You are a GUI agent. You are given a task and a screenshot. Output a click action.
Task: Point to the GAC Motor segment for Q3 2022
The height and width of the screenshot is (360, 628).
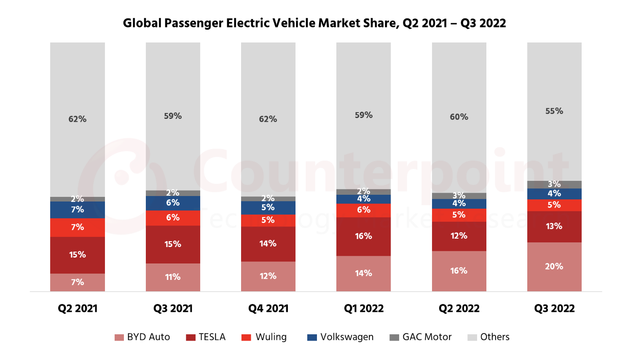(x=554, y=184)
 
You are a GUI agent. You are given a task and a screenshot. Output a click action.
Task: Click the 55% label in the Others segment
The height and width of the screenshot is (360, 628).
(x=554, y=111)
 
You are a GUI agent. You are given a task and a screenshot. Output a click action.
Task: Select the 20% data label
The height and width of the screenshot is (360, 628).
(x=554, y=266)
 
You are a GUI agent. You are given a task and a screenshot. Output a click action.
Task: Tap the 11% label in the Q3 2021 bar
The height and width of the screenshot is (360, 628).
(x=173, y=277)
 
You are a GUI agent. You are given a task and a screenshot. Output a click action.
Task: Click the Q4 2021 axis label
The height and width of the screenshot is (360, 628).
(x=268, y=309)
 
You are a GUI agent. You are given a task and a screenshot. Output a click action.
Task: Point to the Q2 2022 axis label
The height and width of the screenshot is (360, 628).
(x=459, y=309)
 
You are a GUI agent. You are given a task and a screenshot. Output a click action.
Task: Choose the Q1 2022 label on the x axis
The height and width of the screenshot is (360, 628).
(x=364, y=309)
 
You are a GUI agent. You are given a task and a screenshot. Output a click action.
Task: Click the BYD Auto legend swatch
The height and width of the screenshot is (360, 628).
(x=119, y=337)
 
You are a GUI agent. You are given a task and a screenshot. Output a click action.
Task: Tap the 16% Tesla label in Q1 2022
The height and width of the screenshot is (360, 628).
(x=363, y=236)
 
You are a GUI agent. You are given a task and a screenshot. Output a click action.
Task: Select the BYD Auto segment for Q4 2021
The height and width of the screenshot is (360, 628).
(x=268, y=276)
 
